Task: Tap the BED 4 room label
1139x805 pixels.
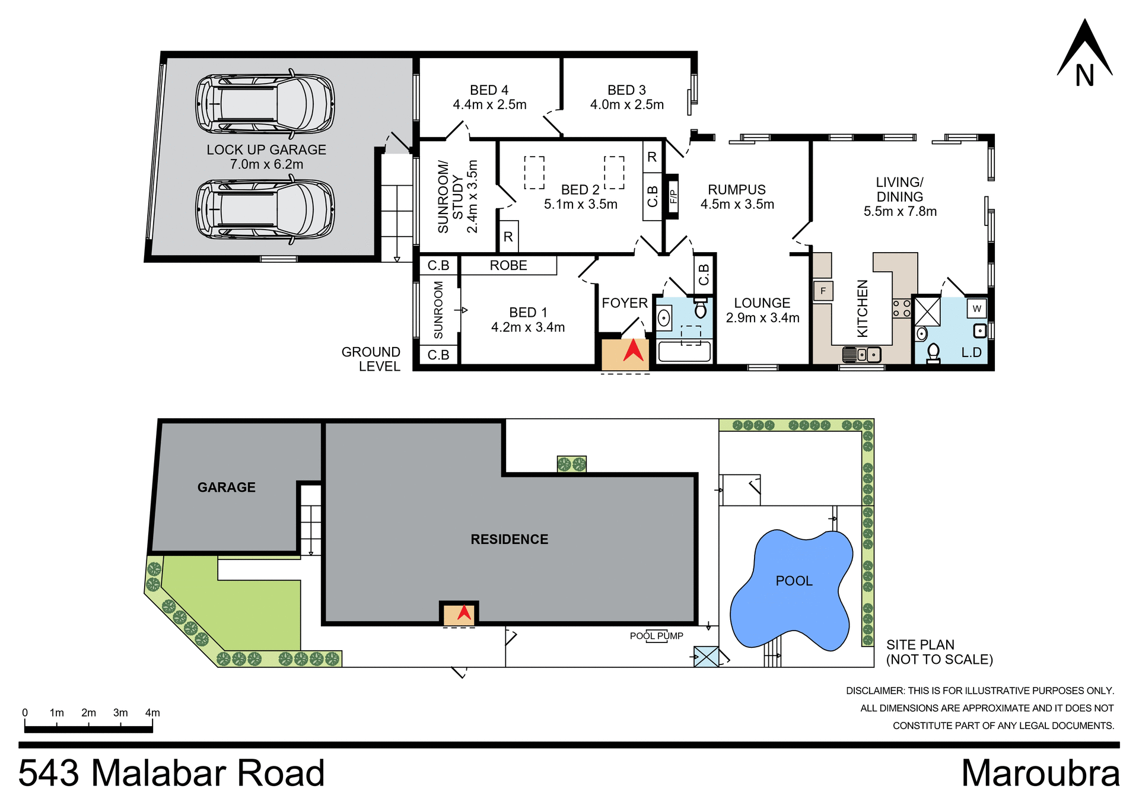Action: click(489, 90)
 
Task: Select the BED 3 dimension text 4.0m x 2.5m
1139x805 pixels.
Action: click(626, 105)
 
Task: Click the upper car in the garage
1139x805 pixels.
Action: click(265, 104)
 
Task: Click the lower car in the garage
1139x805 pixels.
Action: click(265, 209)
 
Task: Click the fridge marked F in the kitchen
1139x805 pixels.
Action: click(823, 291)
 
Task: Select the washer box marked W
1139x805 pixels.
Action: click(976, 308)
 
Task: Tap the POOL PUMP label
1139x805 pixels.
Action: click(656, 636)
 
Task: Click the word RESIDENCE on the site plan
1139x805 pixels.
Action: click(509, 539)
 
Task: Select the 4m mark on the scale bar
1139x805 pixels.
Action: click(152, 713)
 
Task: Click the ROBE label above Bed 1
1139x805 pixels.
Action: click(508, 266)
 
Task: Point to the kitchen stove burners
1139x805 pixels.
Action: click(901, 308)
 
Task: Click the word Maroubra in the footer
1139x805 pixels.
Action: click(1040, 774)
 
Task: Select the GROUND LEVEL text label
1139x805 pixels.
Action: click(371, 359)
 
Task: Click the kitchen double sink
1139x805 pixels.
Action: click(862, 355)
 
